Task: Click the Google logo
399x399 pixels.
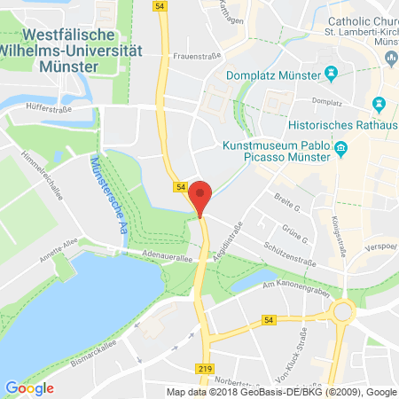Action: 29,387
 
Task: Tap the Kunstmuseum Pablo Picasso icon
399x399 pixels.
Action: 340,154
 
